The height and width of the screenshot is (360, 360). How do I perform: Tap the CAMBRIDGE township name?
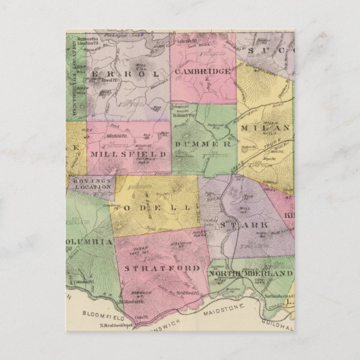[x=202, y=72]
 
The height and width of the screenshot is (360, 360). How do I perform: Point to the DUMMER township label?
[x=203, y=144]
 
